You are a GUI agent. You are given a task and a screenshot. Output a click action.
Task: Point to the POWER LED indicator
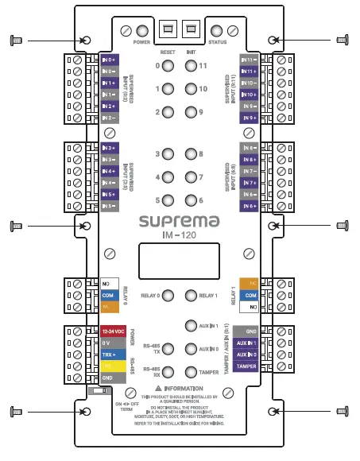(x=142, y=29)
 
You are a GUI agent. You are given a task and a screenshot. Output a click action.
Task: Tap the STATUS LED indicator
(x=215, y=29)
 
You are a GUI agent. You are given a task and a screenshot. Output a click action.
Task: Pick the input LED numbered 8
(x=190, y=154)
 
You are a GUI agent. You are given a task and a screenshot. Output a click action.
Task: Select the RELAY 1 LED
(x=190, y=296)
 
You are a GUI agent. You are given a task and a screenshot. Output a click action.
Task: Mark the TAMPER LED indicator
(x=190, y=371)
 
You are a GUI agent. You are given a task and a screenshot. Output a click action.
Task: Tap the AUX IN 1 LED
(x=190, y=325)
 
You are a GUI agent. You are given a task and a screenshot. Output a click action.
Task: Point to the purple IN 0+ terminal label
(x=111, y=60)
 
